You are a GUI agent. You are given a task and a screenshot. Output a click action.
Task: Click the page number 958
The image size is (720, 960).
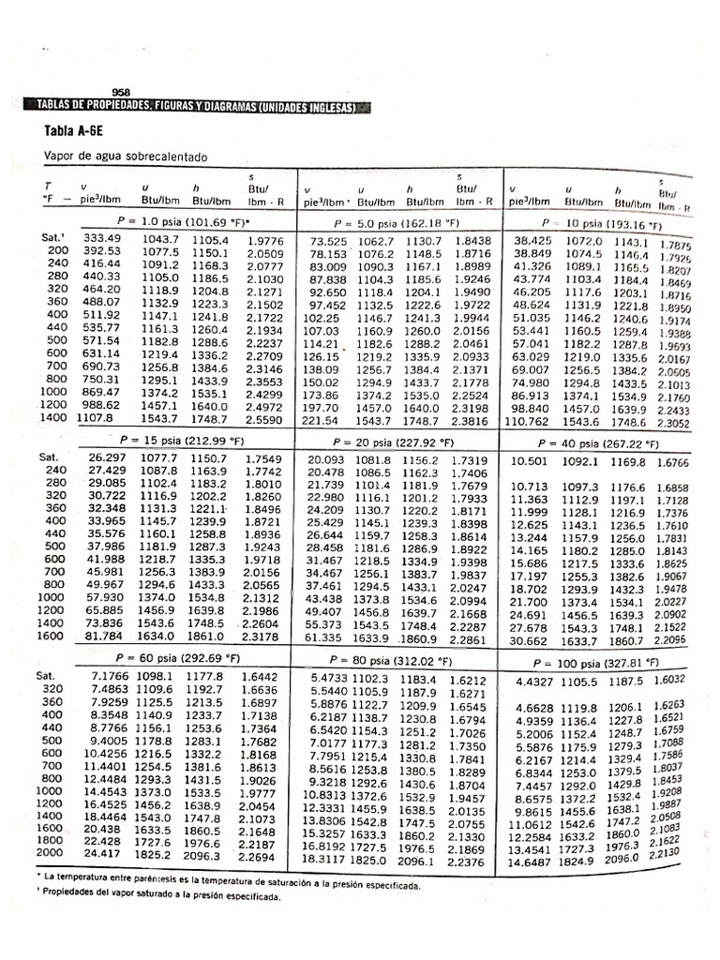tap(120, 92)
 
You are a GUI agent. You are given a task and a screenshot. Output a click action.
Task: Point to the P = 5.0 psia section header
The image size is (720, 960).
tap(399, 223)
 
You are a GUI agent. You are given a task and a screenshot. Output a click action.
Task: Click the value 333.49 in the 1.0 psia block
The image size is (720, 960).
tap(102, 239)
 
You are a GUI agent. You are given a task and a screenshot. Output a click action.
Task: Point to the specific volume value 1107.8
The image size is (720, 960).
tap(96, 422)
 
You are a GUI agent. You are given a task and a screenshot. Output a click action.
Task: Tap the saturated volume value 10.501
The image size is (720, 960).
tap(529, 461)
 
